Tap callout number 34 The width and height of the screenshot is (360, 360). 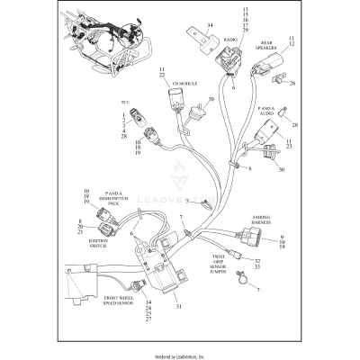(x=210, y=25)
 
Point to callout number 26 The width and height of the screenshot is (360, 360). (x=292, y=84)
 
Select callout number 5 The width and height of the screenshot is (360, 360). (x=212, y=201)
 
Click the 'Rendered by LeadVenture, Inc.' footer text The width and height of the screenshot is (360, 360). (x=180, y=355)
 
